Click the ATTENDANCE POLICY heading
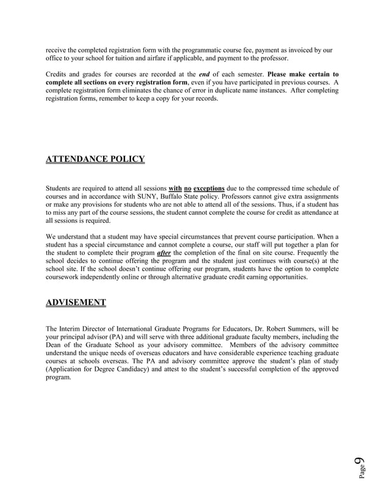coord(95,160)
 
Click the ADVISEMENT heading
coord(76,302)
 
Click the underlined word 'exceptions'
coord(209,189)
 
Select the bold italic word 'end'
coord(205,74)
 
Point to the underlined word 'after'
coord(163,253)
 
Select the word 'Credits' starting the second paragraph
coord(58,74)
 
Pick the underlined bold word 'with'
coord(175,189)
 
